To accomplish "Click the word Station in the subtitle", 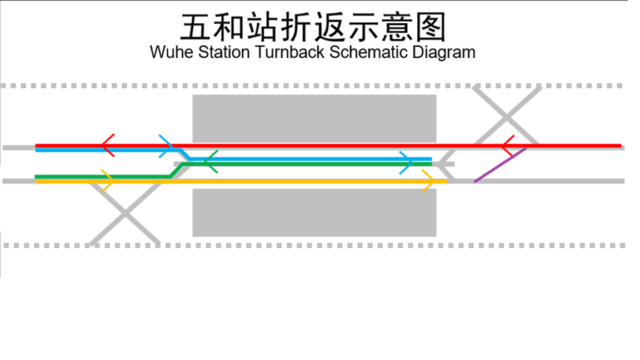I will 226,53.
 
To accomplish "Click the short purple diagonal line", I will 500,164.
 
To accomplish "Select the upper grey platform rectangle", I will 314,118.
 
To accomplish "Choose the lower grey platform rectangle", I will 314,213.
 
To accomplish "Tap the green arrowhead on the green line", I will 210,162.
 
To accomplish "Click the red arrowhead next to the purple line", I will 507,146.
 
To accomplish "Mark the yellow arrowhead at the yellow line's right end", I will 428,182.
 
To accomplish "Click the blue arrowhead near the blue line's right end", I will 407,162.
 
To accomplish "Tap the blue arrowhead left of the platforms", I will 166,146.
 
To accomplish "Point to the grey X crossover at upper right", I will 506,117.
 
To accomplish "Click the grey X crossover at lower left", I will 125,213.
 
